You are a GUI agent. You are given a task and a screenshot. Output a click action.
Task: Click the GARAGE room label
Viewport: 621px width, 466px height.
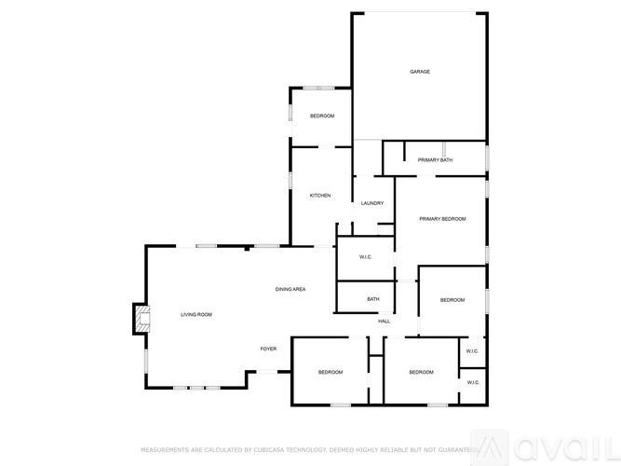pos(420,72)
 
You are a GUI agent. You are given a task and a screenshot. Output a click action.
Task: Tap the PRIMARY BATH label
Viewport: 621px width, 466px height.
pos(435,160)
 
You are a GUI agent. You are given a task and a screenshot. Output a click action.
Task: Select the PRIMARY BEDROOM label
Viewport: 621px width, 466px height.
pos(441,219)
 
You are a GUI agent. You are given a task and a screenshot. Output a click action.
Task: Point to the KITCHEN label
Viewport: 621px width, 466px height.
pos(320,196)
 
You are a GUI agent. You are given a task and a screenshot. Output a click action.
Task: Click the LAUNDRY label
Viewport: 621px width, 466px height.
pos(372,203)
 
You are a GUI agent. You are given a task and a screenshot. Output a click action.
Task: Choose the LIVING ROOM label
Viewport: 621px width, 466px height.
pos(196,315)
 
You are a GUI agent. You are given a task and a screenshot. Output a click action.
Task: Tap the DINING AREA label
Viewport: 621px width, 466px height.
pos(290,290)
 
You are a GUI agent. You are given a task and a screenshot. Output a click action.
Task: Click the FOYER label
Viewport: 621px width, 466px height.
pos(268,349)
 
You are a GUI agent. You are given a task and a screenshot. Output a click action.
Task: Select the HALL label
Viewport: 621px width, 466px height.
pos(384,322)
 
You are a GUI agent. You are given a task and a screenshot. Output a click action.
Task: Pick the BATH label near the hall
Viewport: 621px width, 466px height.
pos(373,299)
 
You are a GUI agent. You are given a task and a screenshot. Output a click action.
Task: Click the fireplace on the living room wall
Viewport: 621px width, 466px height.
pos(141,320)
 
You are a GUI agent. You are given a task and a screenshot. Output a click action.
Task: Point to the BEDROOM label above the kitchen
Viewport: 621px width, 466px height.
pos(322,116)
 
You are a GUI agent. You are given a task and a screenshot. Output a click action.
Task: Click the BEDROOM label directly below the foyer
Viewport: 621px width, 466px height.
pos(331,373)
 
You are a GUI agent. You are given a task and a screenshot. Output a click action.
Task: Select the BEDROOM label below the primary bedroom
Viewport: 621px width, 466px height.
pos(452,300)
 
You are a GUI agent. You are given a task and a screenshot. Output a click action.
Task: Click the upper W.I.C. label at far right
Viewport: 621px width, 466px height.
pos(472,351)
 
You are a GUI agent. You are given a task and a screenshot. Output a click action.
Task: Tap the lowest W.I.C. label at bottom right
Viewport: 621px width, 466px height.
pos(472,383)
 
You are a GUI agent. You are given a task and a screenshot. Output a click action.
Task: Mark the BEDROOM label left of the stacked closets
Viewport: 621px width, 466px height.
pos(422,373)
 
